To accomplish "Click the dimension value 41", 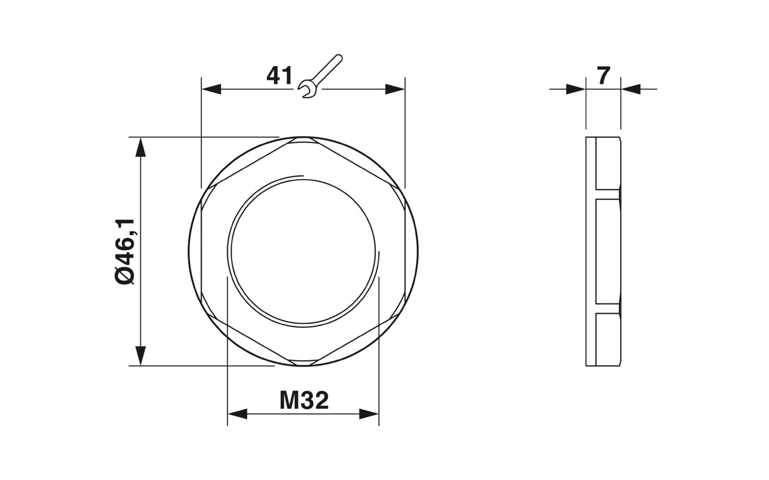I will point(279,76).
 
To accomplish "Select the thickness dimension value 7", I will point(603,76).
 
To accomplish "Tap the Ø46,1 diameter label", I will point(125,252).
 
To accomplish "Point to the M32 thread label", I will point(303,400).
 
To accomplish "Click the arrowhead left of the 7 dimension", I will point(576,89).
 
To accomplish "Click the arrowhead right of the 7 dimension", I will point(631,89).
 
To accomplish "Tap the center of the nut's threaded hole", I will point(303,252).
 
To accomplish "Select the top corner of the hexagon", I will point(303,138).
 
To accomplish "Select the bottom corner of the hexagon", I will point(303,364).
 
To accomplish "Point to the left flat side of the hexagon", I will point(201,252).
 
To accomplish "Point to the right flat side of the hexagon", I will point(406,252).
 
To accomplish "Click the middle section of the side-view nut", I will point(608,252).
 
